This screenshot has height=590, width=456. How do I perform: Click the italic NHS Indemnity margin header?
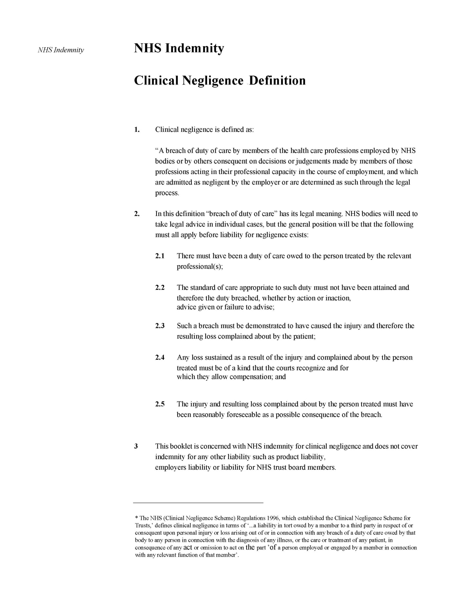[61, 50]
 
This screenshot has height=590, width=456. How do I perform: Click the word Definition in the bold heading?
[278, 81]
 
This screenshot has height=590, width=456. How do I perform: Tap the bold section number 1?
[137, 129]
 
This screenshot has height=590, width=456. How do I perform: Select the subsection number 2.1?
[160, 256]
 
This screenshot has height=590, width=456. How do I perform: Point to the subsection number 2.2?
[160, 288]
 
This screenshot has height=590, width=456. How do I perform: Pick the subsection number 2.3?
[160, 326]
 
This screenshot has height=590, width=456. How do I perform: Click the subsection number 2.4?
[160, 358]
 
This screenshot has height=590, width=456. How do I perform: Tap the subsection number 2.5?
[160, 404]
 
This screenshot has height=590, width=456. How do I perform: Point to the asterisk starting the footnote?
[136, 518]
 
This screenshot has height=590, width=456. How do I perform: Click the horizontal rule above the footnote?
[198, 502]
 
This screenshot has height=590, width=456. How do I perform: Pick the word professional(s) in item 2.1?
[199, 266]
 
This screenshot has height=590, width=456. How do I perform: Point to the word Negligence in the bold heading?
[212, 81]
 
